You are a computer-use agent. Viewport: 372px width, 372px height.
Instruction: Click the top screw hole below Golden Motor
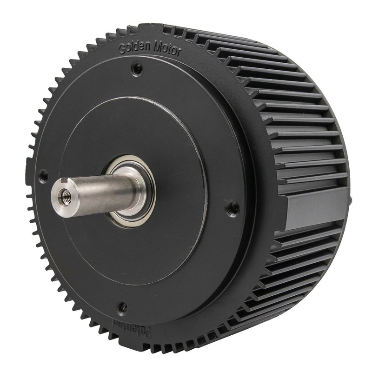(x=137, y=69)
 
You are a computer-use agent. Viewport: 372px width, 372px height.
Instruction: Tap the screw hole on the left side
(x=43, y=176)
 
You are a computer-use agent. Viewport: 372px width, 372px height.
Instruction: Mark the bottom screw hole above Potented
(x=123, y=307)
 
